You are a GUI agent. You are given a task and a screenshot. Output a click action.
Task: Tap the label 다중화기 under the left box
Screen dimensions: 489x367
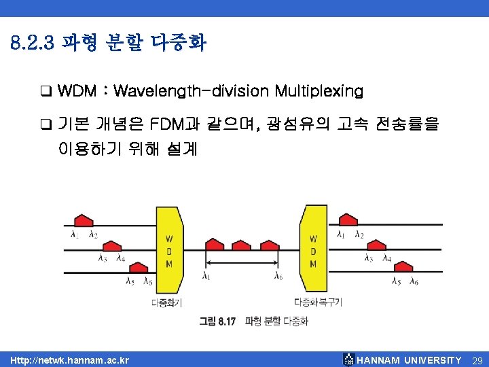click(x=166, y=302)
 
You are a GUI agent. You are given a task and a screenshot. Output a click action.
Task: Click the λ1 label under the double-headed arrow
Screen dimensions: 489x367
click(x=206, y=276)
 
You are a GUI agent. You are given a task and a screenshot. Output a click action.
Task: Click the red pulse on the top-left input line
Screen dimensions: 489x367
click(x=82, y=220)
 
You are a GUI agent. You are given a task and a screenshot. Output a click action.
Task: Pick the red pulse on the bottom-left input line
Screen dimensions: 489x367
click(x=137, y=268)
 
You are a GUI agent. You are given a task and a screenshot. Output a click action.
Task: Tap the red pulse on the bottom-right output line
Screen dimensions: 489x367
click(x=403, y=268)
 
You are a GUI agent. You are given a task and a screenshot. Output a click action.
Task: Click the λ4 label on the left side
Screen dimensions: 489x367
click(x=120, y=258)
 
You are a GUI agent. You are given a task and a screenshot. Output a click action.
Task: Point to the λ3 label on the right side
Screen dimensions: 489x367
click(x=368, y=258)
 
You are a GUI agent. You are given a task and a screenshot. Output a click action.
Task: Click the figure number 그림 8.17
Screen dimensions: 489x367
click(x=217, y=321)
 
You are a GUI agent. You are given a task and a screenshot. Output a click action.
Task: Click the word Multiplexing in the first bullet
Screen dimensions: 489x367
click(x=319, y=90)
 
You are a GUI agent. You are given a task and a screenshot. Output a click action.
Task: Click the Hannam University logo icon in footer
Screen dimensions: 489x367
click(x=348, y=360)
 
